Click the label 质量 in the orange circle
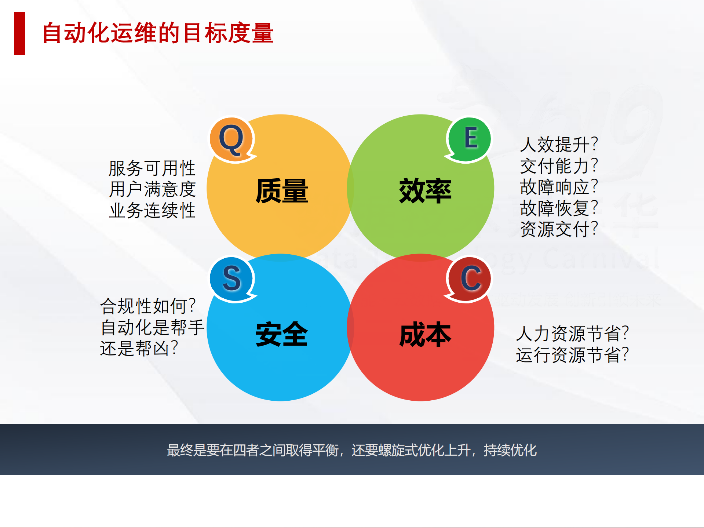click(x=281, y=191)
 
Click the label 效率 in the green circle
click(x=425, y=191)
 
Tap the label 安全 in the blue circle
click(x=281, y=334)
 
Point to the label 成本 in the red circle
click(x=425, y=334)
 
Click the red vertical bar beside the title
click(x=19, y=33)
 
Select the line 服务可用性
click(x=152, y=168)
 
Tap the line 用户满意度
click(x=152, y=189)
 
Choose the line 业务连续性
click(x=152, y=211)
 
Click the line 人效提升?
click(x=559, y=145)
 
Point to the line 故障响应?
click(x=559, y=187)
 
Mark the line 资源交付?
click(x=559, y=229)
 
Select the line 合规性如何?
click(x=148, y=306)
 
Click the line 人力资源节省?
click(x=572, y=334)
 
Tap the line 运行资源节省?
click(x=572, y=355)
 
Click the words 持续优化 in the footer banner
click(x=510, y=450)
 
